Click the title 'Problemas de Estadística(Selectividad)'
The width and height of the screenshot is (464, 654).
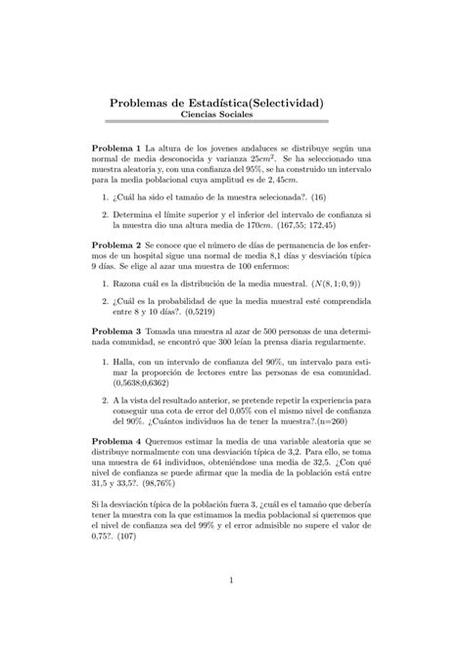tap(231, 102)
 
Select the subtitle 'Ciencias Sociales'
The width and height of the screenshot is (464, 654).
tap(231, 115)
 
